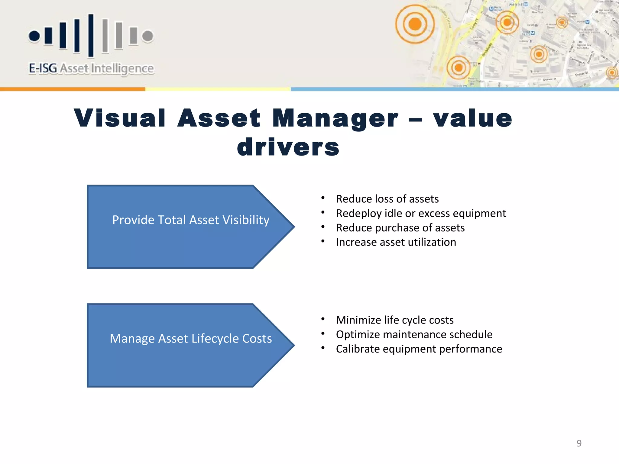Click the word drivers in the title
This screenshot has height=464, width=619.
[x=288, y=147]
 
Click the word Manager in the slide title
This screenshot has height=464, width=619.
[x=335, y=118]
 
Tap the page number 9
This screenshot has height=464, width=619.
[x=579, y=443]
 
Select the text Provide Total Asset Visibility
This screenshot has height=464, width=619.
[x=191, y=220]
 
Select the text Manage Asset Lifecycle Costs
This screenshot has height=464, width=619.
[x=191, y=339]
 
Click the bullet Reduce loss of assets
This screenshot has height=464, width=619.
[x=387, y=199]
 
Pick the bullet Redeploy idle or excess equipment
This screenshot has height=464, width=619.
[x=421, y=213]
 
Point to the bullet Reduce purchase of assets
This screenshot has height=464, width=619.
[x=400, y=228]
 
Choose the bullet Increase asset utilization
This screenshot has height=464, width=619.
[x=396, y=242]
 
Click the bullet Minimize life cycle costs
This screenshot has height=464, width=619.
[x=395, y=320]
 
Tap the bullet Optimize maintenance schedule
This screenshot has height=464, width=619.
[x=414, y=334]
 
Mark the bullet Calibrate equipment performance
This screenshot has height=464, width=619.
[x=419, y=349]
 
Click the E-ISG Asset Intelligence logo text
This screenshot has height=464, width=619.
[x=91, y=69]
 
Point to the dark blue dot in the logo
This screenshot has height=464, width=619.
[x=34, y=36]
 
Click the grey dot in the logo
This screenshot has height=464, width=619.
[x=148, y=36]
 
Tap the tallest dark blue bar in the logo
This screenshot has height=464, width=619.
[x=91, y=35]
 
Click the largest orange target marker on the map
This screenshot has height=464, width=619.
[x=415, y=24]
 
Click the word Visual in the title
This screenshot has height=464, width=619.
[x=120, y=118]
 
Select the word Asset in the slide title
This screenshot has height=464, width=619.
[x=219, y=118]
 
